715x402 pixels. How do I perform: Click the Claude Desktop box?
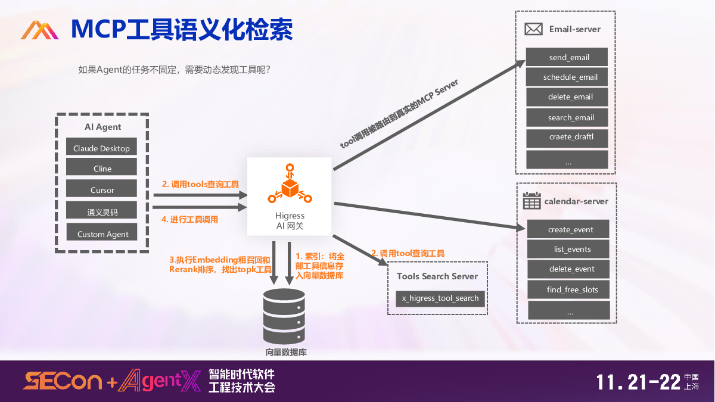click(x=101, y=148)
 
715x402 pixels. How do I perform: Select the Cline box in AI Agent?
click(x=102, y=169)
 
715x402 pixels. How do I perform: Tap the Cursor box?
click(x=102, y=190)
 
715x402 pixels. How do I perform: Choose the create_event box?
click(x=570, y=229)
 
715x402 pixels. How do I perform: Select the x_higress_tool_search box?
click(x=440, y=298)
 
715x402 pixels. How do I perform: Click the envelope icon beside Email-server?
click(x=533, y=29)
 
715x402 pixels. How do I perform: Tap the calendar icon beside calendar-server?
click(x=531, y=201)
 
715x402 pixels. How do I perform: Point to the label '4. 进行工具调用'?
click(x=190, y=219)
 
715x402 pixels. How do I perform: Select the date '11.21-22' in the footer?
click(x=638, y=382)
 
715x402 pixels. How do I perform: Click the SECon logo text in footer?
click(x=63, y=381)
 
